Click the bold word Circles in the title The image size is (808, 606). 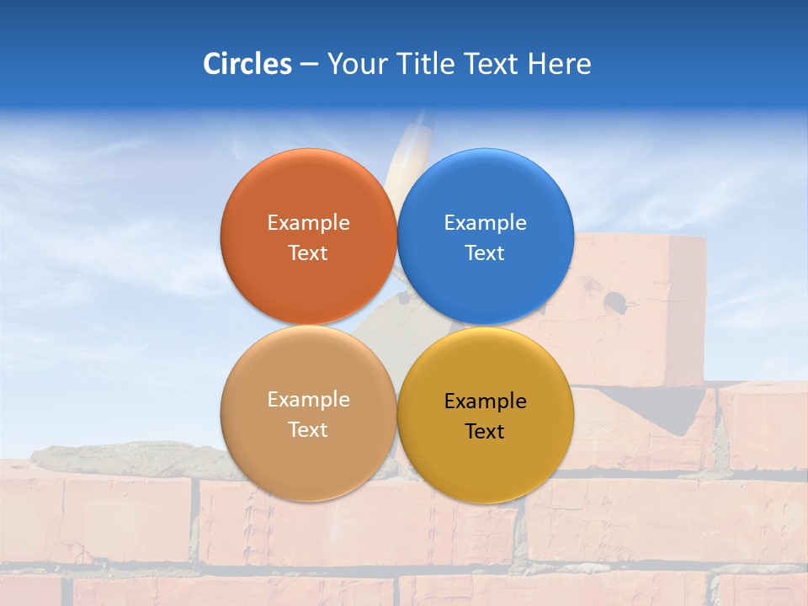[247, 64]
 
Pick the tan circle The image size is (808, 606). [308, 459]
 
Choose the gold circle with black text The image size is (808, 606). [486, 463]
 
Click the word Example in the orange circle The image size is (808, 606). [308, 223]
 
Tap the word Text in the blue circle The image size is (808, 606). [485, 253]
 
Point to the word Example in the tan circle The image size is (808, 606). [308, 400]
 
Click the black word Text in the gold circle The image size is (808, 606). [485, 432]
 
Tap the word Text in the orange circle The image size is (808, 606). [308, 253]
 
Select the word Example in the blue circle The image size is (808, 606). [485, 223]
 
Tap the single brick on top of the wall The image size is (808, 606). [640, 311]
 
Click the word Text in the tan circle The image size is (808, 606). [308, 430]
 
